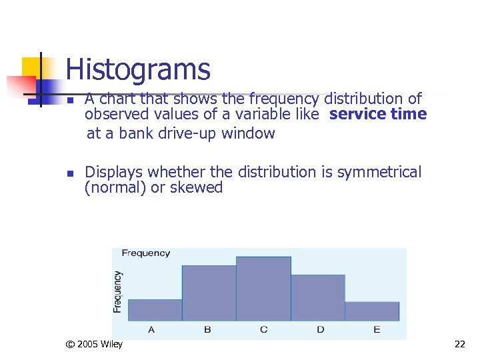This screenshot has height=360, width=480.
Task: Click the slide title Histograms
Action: (138, 69)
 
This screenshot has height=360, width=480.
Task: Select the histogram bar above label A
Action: (155, 310)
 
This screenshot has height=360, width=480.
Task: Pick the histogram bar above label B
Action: (209, 293)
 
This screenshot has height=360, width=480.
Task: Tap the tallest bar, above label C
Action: (263, 288)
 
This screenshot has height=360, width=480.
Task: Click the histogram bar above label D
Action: (318, 297)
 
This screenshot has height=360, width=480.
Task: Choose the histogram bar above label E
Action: (372, 311)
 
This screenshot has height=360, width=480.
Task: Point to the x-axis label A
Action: (152, 329)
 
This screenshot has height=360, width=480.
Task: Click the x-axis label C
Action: (264, 329)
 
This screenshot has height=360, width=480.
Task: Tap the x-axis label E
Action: (377, 329)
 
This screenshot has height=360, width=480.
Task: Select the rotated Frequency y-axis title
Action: (117, 291)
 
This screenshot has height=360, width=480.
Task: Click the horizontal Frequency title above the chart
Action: (145, 253)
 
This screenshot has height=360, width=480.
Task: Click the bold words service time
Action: (378, 114)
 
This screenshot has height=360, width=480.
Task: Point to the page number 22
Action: (459, 345)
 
